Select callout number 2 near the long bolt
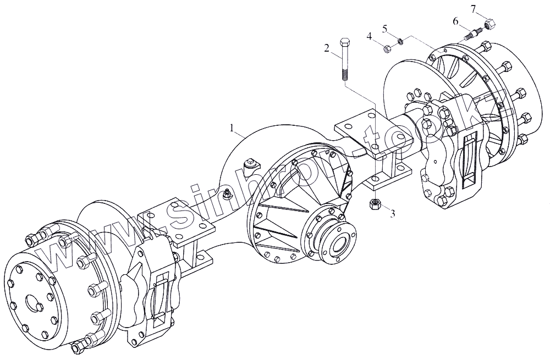326,48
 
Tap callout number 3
392,213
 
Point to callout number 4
370,36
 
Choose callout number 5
385,27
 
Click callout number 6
455,21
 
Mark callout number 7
474,8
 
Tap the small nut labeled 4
387,48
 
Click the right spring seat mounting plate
374,135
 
